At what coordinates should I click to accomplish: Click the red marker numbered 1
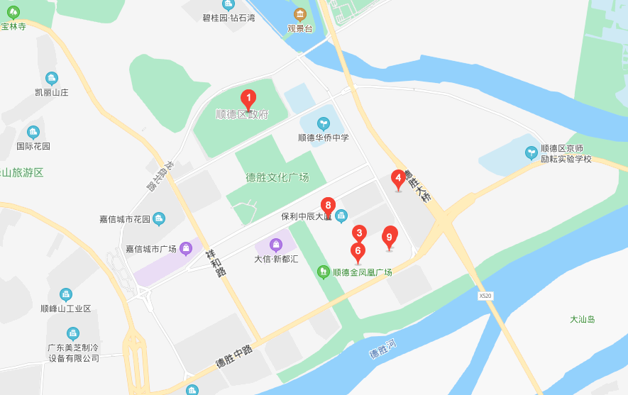point(248,99)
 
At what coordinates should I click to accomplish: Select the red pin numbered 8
point(327,206)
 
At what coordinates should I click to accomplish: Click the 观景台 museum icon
point(299,15)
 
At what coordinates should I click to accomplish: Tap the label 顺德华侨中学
point(323,138)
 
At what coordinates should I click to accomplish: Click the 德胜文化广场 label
point(277,177)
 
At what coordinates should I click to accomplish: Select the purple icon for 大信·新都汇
point(276,245)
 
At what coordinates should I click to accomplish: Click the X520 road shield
point(485,295)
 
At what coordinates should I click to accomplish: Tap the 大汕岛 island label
point(582,319)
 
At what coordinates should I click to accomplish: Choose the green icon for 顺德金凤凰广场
point(324,271)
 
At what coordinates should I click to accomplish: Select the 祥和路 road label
point(215,262)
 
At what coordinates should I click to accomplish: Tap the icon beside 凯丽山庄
point(51,78)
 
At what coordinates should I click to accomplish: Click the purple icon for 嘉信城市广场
point(186,248)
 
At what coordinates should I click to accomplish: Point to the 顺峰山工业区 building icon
point(66,294)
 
